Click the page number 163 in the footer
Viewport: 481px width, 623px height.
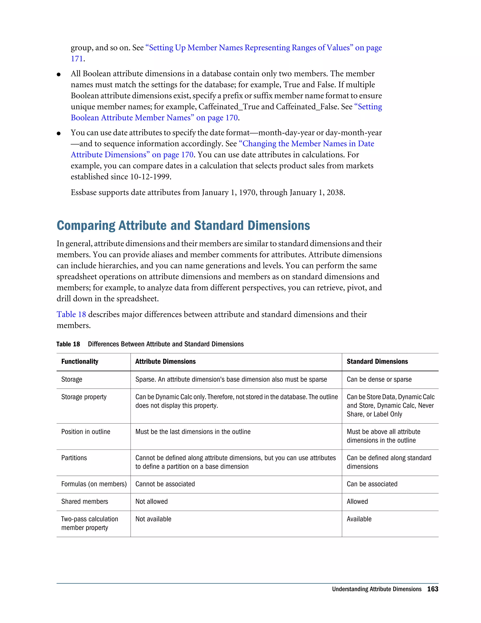tap(433, 589)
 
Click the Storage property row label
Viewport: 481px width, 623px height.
tap(84, 397)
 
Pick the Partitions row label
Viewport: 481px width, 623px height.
tap(74, 458)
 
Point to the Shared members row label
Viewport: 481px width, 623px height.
tap(84, 501)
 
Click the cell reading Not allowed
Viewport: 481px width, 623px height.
tap(151, 501)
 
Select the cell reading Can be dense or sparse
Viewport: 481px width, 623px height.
tap(379, 379)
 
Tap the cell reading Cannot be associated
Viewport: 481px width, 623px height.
tap(165, 484)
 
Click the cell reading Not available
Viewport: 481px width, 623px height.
tap(153, 519)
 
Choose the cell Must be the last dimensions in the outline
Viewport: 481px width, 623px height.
tap(193, 432)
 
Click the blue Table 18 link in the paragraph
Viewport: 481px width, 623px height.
tap(71, 314)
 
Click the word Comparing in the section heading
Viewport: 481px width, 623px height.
tap(86, 225)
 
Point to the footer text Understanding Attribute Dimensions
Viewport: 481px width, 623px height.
tap(376, 589)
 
